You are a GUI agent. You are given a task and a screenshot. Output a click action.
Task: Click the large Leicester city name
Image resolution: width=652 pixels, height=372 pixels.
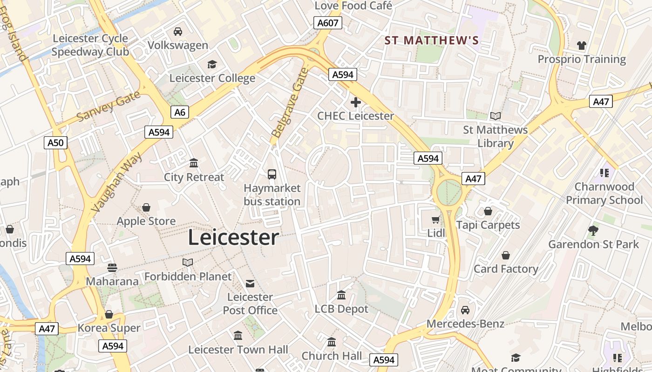pyautogui.click(x=233, y=238)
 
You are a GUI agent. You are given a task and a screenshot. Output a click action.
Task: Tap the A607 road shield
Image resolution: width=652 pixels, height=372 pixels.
pyautogui.click(x=328, y=23)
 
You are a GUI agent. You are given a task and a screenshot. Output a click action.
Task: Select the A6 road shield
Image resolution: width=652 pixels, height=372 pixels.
pyautogui.click(x=179, y=112)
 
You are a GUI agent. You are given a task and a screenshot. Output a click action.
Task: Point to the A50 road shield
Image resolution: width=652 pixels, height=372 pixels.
pyautogui.click(x=56, y=142)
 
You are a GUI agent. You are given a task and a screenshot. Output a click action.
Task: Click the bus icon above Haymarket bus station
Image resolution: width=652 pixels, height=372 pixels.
pyautogui.click(x=272, y=174)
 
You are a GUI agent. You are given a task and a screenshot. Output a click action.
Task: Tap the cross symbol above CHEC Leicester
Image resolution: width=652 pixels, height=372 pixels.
pyautogui.click(x=356, y=102)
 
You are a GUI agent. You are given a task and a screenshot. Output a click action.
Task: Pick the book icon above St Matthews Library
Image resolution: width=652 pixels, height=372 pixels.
pyautogui.click(x=495, y=116)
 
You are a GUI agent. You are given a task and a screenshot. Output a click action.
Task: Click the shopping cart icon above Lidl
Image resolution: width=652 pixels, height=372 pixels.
pyautogui.click(x=436, y=219)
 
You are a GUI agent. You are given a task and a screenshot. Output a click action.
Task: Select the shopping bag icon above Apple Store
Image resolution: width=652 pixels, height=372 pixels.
pyautogui.click(x=146, y=207)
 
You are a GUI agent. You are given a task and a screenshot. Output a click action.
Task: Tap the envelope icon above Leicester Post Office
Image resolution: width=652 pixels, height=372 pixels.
pyautogui.click(x=250, y=284)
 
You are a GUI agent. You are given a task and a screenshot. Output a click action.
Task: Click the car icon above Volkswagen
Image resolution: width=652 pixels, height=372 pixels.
pyautogui.click(x=178, y=32)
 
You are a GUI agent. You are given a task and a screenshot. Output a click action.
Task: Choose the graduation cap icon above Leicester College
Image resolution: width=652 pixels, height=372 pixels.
pyautogui.click(x=212, y=65)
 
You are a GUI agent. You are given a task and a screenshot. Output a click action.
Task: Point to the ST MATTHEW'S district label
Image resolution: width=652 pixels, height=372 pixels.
pyautogui.click(x=432, y=40)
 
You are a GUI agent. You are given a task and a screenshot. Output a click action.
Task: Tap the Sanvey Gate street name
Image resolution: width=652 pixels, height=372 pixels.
pyautogui.click(x=108, y=106)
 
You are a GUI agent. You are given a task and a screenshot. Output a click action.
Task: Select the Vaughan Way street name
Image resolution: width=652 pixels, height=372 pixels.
pyautogui.click(x=118, y=182)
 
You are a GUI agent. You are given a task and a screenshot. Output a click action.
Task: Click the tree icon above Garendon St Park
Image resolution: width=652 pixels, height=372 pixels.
pyautogui.click(x=593, y=230)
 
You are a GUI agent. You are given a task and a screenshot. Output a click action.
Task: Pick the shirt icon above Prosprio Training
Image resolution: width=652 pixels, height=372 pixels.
pyautogui.click(x=582, y=46)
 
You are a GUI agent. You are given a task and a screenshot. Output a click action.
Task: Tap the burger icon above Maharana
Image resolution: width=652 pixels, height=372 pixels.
pyautogui.click(x=112, y=267)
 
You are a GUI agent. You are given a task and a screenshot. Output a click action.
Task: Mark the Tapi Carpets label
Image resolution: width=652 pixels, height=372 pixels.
pyautogui.click(x=488, y=225)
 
